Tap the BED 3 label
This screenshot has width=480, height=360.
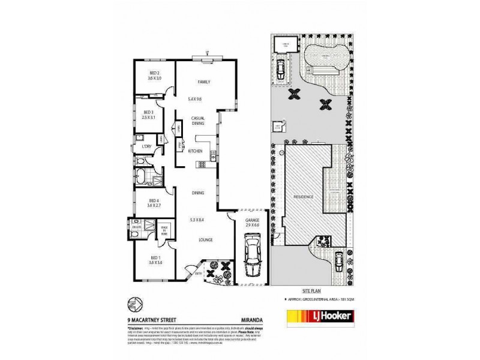tap(149, 112)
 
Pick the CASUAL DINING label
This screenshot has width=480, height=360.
tap(199, 120)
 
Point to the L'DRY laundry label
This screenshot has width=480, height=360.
tap(145, 146)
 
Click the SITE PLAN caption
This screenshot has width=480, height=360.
tap(318, 289)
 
